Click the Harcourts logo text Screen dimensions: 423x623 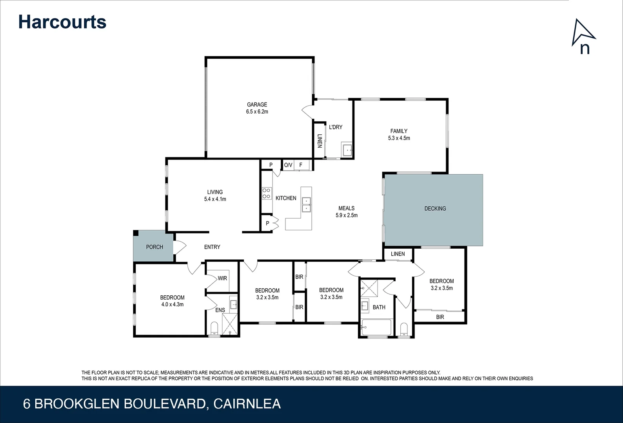[62, 22]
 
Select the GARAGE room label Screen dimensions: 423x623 [257, 105]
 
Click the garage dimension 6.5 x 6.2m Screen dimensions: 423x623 [257, 112]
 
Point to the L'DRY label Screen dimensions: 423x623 [335, 127]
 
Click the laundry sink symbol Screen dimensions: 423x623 [347, 150]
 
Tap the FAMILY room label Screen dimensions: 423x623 [399, 131]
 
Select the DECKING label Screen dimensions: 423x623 [435, 208]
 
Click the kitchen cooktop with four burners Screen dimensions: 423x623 [267, 193]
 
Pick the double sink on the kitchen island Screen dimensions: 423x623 [306, 205]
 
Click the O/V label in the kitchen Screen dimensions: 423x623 [288, 165]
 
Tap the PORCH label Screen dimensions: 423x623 [154, 247]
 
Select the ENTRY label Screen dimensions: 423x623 [212, 247]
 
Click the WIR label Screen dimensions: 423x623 [222, 278]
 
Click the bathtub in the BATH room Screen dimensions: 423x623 [376, 327]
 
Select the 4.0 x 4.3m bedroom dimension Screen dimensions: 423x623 [172, 304]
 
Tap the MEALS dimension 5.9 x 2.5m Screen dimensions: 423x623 [346, 215]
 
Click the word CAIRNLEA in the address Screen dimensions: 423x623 [247, 404]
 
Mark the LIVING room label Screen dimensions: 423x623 [215, 192]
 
